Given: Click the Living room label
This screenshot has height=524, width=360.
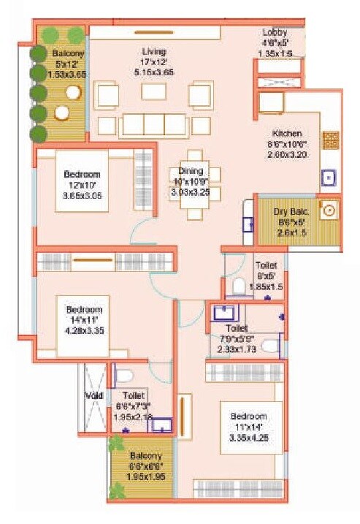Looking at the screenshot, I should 154,52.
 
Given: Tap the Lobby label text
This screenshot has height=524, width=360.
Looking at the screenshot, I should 275,33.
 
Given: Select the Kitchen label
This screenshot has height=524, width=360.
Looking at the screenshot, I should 282,134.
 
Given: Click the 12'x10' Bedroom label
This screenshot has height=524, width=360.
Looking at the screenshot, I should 82,175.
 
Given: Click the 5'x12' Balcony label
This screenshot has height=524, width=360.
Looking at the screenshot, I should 67,53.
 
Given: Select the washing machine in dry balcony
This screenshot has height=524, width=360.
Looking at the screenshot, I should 329,210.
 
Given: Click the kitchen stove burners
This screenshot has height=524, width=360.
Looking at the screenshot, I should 329,140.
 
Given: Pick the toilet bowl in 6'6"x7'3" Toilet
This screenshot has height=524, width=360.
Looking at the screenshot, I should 123,377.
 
